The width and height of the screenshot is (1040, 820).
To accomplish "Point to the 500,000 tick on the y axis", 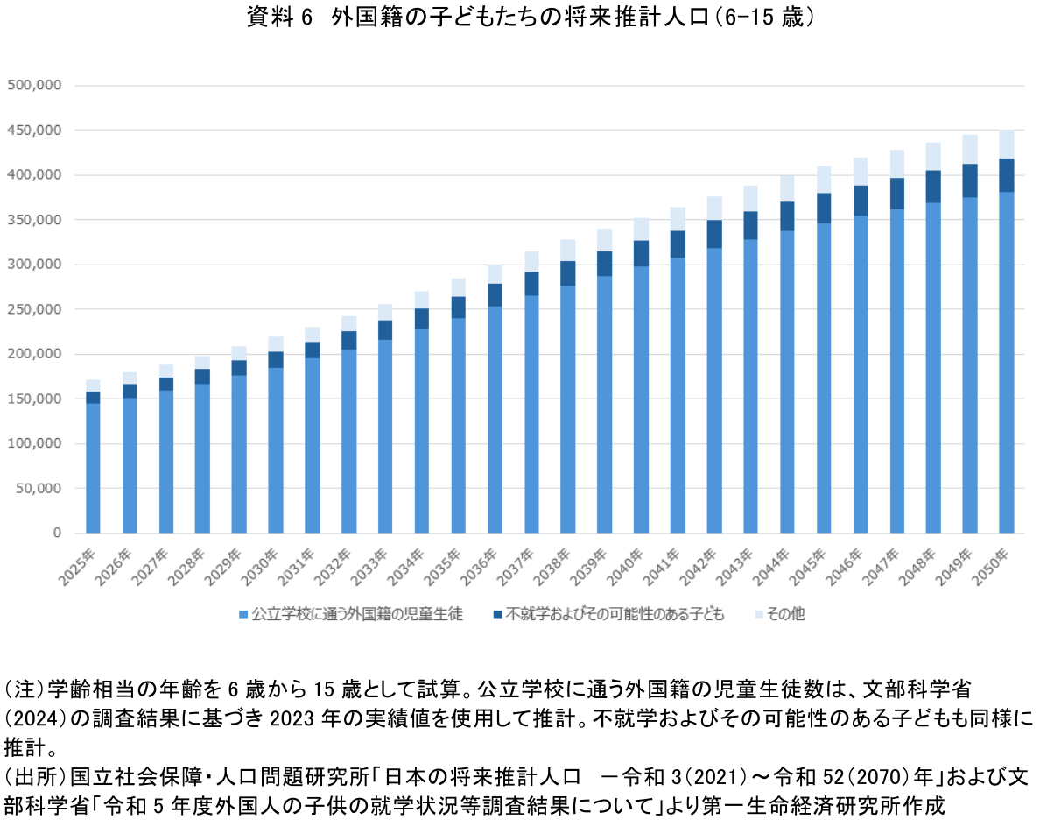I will point(33,85).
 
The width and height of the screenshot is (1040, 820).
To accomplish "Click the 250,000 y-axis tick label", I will point(33,309).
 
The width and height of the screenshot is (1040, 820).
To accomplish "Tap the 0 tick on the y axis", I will point(57,533).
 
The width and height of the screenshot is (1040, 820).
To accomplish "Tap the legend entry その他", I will point(784,614).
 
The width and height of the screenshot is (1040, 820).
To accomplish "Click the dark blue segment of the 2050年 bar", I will point(1006,175).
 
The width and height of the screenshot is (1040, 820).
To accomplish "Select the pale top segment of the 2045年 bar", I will point(824,179).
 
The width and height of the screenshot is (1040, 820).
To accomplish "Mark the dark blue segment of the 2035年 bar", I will point(459,307).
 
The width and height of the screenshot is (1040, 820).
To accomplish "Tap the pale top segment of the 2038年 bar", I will point(568,250).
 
